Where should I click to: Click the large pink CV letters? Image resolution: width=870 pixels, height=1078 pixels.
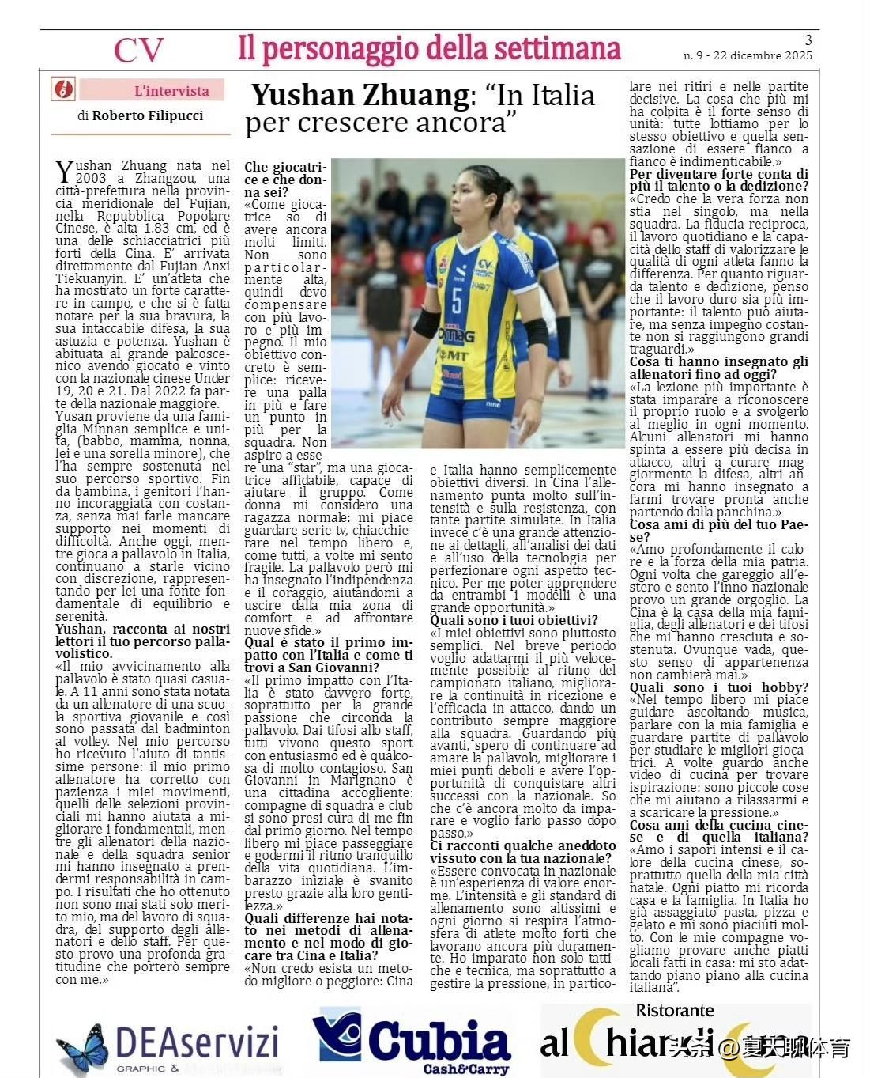pyautogui.click(x=138, y=51)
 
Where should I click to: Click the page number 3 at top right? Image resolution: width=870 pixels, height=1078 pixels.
pyautogui.click(x=808, y=40)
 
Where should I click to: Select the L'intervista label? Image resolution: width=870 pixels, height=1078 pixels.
pyautogui.click(x=171, y=91)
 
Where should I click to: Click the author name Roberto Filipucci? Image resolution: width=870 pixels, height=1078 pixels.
pyautogui.click(x=148, y=115)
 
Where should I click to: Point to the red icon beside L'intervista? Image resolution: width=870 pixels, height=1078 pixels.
pyautogui.click(x=62, y=89)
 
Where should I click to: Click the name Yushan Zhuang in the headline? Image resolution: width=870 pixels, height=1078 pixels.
pyautogui.click(x=360, y=96)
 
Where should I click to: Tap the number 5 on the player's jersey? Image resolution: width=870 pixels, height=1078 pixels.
pyautogui.click(x=457, y=300)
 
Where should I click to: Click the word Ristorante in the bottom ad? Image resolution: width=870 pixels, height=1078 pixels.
pyautogui.click(x=675, y=1010)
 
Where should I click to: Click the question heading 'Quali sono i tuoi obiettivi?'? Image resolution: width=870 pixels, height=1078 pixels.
pyautogui.click(x=514, y=620)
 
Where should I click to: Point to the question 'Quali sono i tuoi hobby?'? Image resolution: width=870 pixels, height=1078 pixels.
pyautogui.click(x=718, y=687)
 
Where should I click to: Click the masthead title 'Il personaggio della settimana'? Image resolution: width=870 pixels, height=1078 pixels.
pyautogui.click(x=429, y=49)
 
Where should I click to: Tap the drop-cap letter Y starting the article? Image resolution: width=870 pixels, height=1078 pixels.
pyautogui.click(x=63, y=171)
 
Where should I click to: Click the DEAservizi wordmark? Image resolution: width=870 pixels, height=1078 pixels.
pyautogui.click(x=197, y=1042)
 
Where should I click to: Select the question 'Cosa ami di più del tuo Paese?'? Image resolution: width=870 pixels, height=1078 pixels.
pyautogui.click(x=718, y=530)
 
